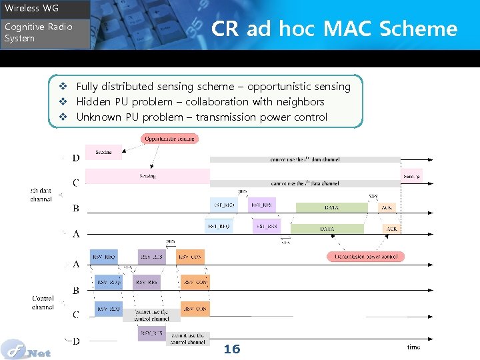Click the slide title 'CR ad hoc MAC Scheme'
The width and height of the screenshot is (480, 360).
point(334,29)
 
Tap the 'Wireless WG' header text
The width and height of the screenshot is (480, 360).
point(31,8)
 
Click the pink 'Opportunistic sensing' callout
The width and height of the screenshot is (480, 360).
point(169,139)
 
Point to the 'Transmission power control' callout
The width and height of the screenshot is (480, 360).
point(365,256)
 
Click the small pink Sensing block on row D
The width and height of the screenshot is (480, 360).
point(103,153)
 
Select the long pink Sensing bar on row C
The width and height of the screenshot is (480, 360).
point(147,176)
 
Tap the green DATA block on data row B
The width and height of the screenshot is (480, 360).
point(331,207)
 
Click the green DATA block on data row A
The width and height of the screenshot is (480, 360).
point(327,229)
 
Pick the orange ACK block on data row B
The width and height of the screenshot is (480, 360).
point(387,207)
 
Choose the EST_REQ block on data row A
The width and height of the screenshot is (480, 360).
point(219,227)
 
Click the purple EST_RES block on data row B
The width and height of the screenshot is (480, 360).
point(262,205)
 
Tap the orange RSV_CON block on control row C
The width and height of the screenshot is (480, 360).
point(195,309)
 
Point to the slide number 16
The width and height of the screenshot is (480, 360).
point(231,349)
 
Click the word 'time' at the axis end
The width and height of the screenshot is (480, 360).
point(413,347)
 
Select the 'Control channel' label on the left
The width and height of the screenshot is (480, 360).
point(43,303)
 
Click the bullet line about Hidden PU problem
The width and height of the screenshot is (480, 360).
point(200,101)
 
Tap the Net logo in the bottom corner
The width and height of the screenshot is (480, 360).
point(27,349)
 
